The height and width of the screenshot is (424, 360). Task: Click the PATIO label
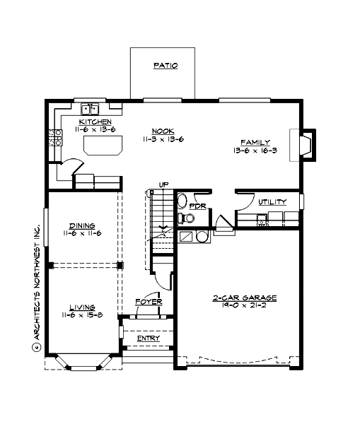click(165, 66)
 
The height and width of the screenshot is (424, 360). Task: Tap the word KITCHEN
click(95, 122)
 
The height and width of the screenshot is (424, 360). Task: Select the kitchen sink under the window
click(91, 109)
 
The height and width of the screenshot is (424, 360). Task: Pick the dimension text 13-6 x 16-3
click(255, 151)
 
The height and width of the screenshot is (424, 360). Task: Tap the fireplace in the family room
click(306, 144)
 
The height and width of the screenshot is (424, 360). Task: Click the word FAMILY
click(255, 142)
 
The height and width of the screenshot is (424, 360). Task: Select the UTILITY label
click(272, 202)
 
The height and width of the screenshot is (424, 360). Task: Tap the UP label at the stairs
click(164, 185)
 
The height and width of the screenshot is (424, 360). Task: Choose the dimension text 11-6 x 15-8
click(82, 314)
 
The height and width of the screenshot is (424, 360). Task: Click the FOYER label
click(149, 302)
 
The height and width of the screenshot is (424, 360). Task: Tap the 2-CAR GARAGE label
click(245, 298)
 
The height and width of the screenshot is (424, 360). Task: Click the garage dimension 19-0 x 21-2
click(245, 307)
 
